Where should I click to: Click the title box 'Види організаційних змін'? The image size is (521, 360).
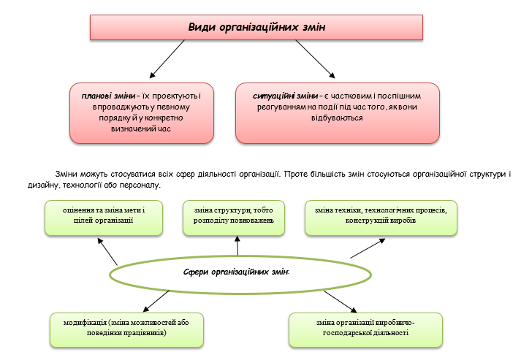[x=256, y=27]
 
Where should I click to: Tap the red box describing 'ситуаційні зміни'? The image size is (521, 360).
[x=338, y=111]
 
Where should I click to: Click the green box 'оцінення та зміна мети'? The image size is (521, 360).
[x=104, y=216]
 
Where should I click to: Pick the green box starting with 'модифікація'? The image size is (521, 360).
[x=126, y=326]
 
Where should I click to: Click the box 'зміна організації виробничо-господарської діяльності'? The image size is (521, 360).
[x=365, y=328]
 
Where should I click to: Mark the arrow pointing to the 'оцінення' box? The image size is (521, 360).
[x=107, y=252]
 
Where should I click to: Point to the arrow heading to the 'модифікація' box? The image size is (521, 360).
[x=155, y=300]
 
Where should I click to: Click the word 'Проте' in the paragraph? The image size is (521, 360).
[x=299, y=175]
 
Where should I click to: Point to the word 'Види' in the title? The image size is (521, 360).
[x=201, y=27]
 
